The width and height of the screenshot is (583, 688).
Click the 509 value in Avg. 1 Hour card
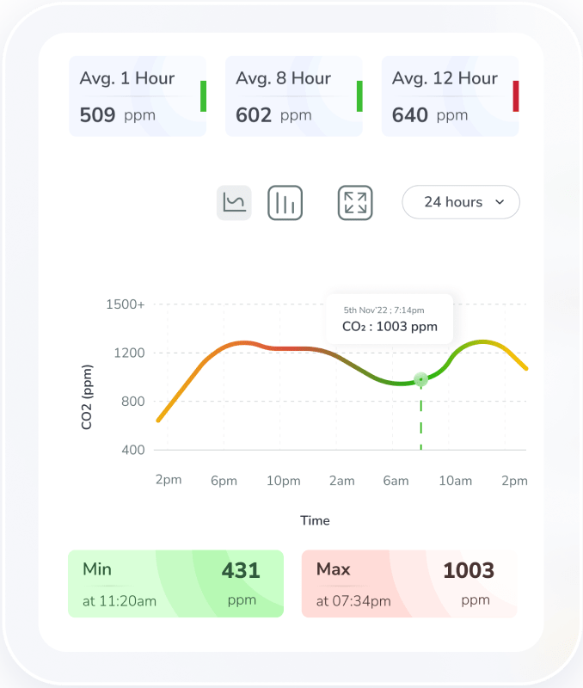pos(97,114)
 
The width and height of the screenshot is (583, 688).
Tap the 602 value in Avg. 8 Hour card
pos(254,114)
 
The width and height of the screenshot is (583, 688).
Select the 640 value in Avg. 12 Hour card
pos(410,114)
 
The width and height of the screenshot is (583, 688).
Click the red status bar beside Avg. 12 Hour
pos(516,96)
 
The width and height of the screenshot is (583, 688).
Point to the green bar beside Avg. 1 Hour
pos(204,96)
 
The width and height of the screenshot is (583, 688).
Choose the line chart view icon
pos(234,203)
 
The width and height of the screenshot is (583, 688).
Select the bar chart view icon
pos(285,203)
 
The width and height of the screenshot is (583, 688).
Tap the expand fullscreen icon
pos(355,203)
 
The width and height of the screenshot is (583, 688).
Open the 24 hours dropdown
pos(461,202)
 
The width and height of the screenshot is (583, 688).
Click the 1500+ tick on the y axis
pos(126,304)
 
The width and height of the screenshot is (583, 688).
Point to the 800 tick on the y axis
pos(132,401)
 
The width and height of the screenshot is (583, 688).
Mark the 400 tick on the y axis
pos(132,450)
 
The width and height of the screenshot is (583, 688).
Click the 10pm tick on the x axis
pos(283,481)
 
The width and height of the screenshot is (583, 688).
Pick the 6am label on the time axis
pos(396,481)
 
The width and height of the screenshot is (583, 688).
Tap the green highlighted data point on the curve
pos(420,379)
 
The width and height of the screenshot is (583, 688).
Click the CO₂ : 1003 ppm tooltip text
pos(390,326)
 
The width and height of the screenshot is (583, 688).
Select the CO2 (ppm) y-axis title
pos(87,396)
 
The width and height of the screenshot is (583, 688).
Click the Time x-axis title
pos(315,520)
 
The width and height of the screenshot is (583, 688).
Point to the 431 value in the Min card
pos(241,569)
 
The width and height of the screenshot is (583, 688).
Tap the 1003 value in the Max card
pos(469,570)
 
